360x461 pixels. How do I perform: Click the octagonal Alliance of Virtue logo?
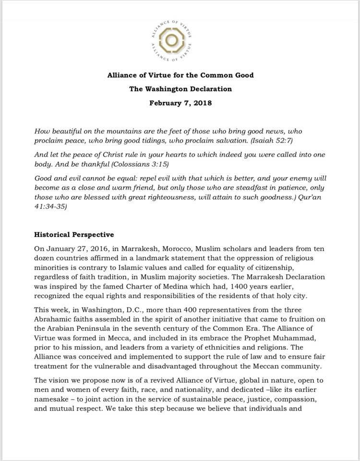pos(179,39)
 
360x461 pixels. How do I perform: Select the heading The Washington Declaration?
pos(180,89)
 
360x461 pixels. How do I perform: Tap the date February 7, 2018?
pos(180,103)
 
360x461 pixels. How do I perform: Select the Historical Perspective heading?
pos(74,235)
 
